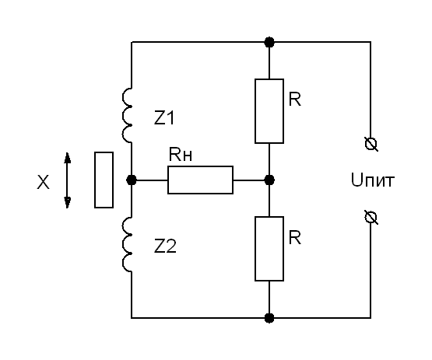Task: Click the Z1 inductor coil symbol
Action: pos(123,116)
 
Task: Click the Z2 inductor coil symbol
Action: pos(123,244)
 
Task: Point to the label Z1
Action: pos(164,118)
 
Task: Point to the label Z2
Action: pos(165,246)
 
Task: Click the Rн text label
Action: pos(180,155)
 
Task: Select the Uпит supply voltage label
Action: pos(373,180)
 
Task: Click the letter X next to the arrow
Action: pos(44,182)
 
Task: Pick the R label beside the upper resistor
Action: pos(295,99)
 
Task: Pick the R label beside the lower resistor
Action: pos(295,237)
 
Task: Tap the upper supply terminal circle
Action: pos(371,144)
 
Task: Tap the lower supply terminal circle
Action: pos(371,218)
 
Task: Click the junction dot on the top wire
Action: pos(269,42)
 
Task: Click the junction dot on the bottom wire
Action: pos(269,318)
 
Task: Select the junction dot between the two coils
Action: pos(132,180)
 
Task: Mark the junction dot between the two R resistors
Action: pos(269,180)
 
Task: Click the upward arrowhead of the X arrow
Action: pos(67,158)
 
